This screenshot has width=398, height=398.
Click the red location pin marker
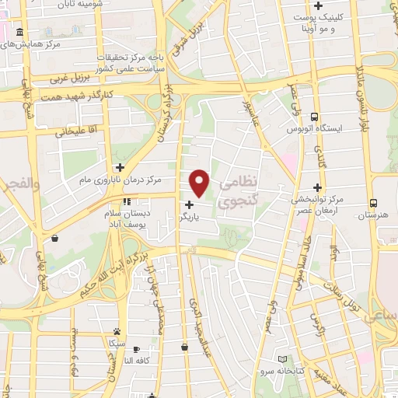(x=200, y=183)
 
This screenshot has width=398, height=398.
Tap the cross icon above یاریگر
(x=190, y=204)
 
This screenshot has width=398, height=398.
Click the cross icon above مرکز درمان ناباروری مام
(x=120, y=167)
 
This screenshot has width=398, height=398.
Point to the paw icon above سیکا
(x=117, y=330)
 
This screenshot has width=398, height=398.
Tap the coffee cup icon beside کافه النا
(x=137, y=349)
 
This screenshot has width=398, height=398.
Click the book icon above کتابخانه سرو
(x=282, y=358)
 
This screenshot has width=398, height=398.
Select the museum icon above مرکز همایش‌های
(x=19, y=33)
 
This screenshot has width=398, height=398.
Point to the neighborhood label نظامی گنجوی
(x=237, y=193)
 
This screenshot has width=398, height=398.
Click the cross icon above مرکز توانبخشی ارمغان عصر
(x=317, y=187)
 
